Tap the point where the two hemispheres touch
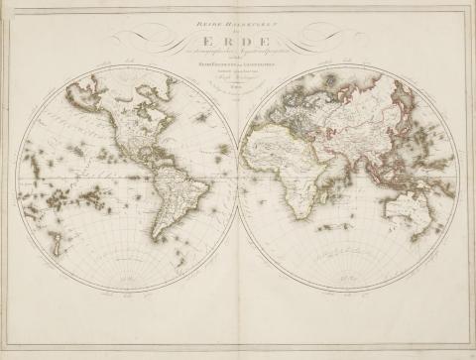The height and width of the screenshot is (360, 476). pos(237,179)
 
